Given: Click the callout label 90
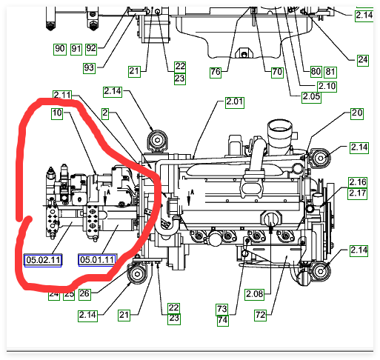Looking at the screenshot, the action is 60,49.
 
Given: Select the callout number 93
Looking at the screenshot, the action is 89,68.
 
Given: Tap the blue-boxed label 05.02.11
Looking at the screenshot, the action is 43,260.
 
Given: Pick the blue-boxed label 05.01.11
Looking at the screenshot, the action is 97,260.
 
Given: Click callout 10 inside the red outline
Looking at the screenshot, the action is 57,113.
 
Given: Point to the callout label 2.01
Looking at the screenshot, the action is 235,102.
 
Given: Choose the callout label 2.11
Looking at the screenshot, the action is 62,95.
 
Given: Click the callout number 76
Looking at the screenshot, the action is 216,73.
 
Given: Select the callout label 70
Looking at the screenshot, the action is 277,73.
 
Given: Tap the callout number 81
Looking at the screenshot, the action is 330,72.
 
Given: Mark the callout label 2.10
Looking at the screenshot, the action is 327,87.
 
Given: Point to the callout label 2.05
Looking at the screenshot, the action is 311,97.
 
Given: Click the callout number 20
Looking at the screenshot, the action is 357,113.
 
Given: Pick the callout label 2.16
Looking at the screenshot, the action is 358,182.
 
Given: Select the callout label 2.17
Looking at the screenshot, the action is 358,193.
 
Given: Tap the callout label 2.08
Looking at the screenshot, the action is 255,294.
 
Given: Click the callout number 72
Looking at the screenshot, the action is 261,316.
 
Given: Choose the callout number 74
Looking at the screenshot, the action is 223,321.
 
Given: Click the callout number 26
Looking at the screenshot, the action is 84,294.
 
